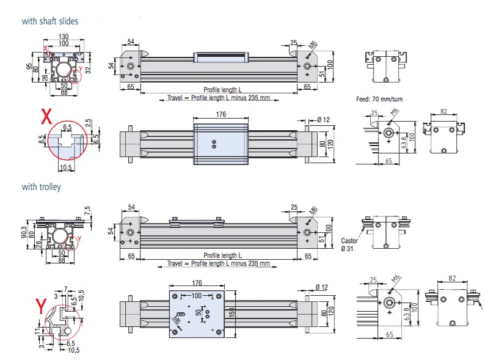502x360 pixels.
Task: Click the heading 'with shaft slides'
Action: pyautogui.click(x=50, y=21)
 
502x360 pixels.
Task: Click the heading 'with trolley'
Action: pyautogui.click(x=41, y=187)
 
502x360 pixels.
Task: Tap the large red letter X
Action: pyautogui.click(x=46, y=117)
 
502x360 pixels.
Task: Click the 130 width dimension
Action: pyautogui.click(x=64, y=37)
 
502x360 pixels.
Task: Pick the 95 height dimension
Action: pyautogui.click(x=28, y=67)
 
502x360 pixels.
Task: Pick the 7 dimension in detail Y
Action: pyautogui.click(x=65, y=288)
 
